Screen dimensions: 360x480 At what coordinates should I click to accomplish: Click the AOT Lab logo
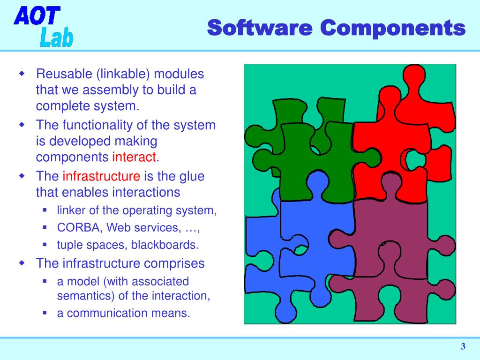pyautogui.click(x=43, y=26)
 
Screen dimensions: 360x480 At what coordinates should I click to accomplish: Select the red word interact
pyautogui.click(x=134, y=157)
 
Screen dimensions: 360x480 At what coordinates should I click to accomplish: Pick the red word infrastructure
pyautogui.click(x=101, y=176)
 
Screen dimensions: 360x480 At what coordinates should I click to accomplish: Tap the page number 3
pyautogui.click(x=463, y=347)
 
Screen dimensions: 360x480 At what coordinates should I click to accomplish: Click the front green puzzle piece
pyautogui.click(x=319, y=159)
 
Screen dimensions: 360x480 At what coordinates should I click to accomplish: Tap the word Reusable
pyautogui.click(x=65, y=74)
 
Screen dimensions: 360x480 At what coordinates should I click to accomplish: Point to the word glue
pyautogui.click(x=193, y=176)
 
